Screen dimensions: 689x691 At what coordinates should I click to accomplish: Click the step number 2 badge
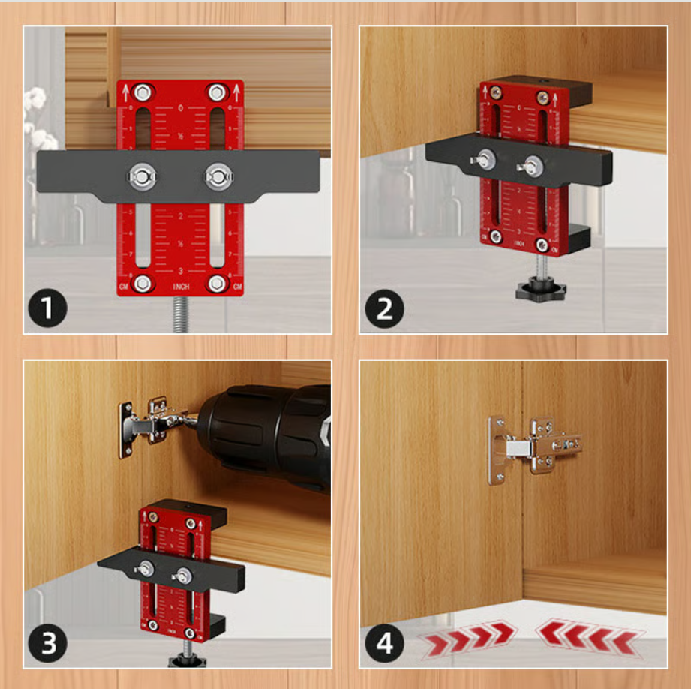coord(385,308)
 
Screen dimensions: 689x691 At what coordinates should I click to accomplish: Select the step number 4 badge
coord(385,643)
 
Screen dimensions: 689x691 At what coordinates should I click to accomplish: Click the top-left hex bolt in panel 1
coord(143,93)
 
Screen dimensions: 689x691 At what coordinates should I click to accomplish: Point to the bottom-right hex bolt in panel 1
coord(218,282)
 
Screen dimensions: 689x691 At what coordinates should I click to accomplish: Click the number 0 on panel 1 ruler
coord(181,108)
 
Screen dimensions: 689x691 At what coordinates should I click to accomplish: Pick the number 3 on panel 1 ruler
coord(180,270)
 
